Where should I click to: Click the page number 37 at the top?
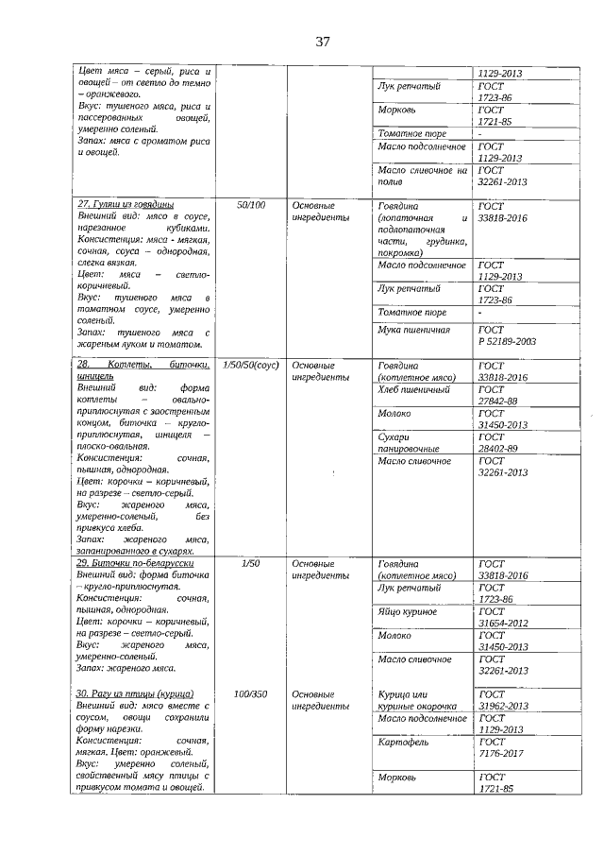[322, 42]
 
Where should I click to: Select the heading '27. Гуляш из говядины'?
[126, 204]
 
